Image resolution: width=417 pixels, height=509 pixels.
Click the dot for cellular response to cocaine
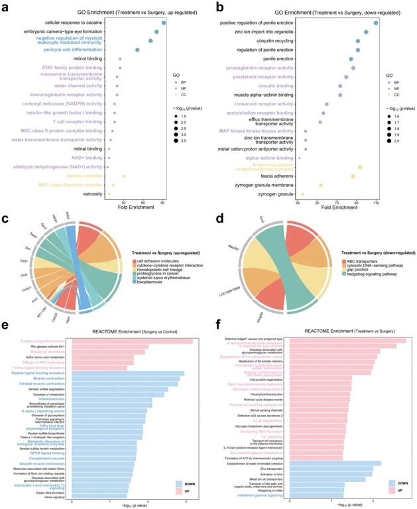163,23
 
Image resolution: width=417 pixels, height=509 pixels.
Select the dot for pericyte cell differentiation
137,50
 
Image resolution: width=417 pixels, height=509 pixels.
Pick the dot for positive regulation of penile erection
376,23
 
